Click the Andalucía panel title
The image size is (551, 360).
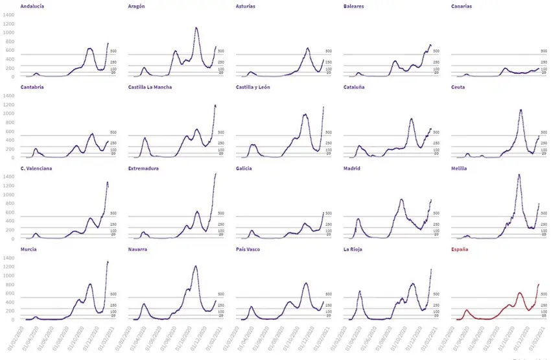click(x=32, y=6)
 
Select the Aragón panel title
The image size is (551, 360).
click(x=137, y=6)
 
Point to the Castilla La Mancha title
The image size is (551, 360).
click(x=150, y=87)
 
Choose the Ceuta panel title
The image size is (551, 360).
click(x=458, y=87)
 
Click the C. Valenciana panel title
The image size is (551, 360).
click(x=36, y=168)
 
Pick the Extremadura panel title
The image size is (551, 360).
click(x=143, y=168)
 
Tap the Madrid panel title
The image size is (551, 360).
click(x=352, y=168)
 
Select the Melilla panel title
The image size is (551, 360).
click(x=460, y=168)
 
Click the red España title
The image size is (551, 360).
click(x=460, y=249)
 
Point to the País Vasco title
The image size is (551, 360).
click(x=249, y=249)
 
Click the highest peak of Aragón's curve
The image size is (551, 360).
click(x=196, y=28)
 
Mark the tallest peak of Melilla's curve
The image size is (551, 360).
click(x=519, y=174)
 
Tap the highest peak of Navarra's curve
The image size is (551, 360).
click(x=196, y=266)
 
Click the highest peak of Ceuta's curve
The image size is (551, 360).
click(x=521, y=110)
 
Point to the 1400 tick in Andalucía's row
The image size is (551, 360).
click(x=8, y=14)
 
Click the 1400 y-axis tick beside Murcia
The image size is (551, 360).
click(x=8, y=258)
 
